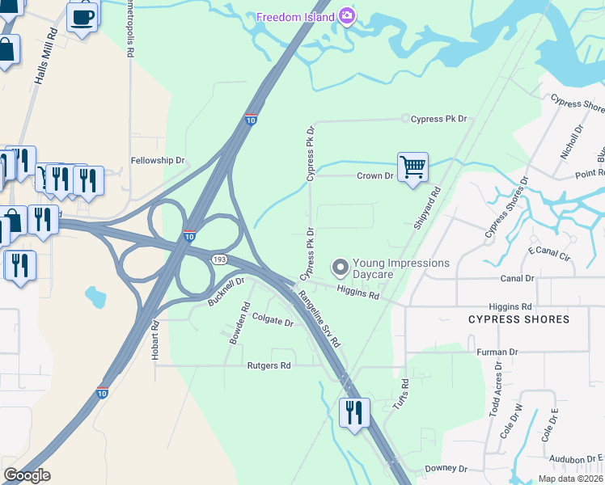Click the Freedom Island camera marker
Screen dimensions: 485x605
tap(347, 17)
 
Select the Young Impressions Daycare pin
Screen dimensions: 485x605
tap(341, 267)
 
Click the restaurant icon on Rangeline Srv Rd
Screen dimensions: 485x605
tap(354, 413)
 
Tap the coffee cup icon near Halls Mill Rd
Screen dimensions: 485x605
tap(82, 16)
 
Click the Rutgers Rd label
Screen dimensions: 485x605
tap(269, 366)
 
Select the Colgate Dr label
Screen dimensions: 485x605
tap(273, 322)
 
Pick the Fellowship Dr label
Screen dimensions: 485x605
tap(158, 161)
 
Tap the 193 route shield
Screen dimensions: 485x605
tap(220, 259)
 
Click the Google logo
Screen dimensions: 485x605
tap(27, 475)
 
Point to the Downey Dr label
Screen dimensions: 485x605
tap(446, 469)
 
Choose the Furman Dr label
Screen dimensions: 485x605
tap(497, 352)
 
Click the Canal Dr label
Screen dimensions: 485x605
tap(518, 279)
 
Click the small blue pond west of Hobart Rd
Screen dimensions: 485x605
tap(95, 297)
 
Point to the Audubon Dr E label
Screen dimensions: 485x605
tap(577, 458)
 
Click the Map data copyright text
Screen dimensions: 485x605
tap(570, 479)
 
